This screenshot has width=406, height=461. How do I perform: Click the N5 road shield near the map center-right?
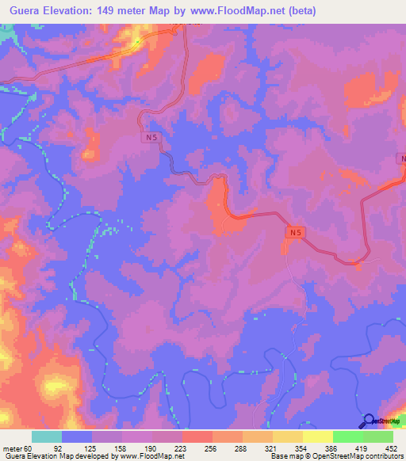(x=295, y=232)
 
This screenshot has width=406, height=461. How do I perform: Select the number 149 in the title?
(x=117, y=10)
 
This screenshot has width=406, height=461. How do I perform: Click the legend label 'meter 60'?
(x=17, y=448)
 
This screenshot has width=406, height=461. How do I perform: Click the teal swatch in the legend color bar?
(x=47, y=436)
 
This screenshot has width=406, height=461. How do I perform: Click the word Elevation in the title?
(x=70, y=10)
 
